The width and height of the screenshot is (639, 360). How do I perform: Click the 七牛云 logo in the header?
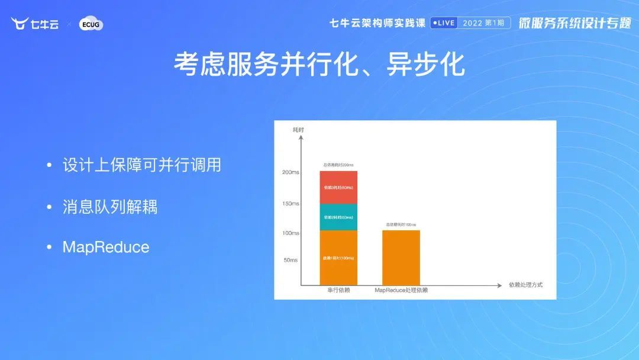coord(35,24)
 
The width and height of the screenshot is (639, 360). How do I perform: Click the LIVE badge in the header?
coord(443,23)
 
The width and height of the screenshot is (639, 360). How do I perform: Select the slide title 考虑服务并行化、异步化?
coord(319,65)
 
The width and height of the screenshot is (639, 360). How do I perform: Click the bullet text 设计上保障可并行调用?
coord(141,165)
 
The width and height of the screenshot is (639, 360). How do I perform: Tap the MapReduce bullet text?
coord(106,247)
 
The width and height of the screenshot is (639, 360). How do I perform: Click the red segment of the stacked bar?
coord(338,187)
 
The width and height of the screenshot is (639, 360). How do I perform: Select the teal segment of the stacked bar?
coord(338,217)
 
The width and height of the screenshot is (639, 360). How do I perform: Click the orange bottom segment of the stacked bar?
coord(338,258)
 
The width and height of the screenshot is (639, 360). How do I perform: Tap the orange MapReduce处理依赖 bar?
coord(401,258)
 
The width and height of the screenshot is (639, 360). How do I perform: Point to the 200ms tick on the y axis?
coord(291,172)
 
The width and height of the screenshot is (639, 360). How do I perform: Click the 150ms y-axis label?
coord(291,203)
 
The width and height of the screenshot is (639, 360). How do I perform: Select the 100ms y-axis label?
coord(291,233)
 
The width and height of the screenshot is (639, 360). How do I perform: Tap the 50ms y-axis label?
coord(291,260)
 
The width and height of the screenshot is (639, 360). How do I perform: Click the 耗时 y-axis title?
coord(298,129)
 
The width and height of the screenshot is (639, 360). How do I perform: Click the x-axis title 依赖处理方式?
coord(525,285)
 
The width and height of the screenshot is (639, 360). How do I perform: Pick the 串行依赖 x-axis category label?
coord(338,291)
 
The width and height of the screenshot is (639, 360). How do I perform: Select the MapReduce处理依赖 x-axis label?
coord(401,291)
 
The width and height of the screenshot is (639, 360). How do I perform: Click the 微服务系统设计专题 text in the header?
coord(575,23)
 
